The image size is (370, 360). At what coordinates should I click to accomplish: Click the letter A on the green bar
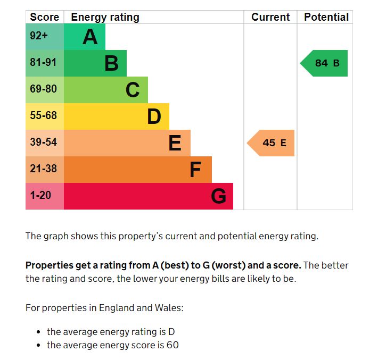click(x=90, y=37)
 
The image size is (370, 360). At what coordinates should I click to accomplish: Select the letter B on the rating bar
click(x=111, y=63)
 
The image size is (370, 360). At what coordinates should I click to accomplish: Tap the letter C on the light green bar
click(x=133, y=90)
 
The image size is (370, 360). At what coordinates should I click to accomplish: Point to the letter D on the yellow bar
click(x=154, y=116)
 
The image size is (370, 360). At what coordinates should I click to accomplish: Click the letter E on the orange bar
click(x=175, y=143)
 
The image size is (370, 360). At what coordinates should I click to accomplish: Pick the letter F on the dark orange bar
click(x=195, y=170)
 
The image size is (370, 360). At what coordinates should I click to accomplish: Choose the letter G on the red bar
click(x=218, y=196)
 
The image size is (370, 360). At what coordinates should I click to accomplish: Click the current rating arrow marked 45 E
click(x=272, y=143)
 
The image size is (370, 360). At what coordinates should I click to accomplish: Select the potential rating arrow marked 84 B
click(x=325, y=63)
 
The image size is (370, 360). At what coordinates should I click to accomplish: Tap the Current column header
click(x=270, y=17)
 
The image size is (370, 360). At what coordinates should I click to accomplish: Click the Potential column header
click(x=326, y=17)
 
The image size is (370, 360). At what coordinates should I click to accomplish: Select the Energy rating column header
click(x=105, y=17)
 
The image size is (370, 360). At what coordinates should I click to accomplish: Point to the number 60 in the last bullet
click(x=172, y=345)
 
